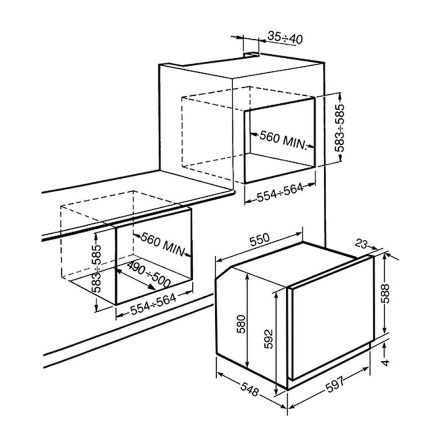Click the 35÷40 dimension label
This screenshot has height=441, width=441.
tap(285, 37)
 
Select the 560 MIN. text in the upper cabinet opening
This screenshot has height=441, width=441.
tap(282, 139)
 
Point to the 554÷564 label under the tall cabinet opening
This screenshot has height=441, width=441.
tap(280, 192)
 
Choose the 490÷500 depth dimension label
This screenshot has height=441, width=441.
tap(148, 274)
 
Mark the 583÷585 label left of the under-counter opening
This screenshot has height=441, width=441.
tap(96, 269)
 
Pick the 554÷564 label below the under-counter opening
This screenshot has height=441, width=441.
tap(153, 304)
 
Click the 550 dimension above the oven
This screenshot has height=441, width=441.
tap(259, 240)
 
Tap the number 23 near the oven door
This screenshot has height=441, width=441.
tap(362, 244)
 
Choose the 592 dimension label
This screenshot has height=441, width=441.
tap(269, 339)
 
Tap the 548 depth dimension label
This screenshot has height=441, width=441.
tap(250, 389)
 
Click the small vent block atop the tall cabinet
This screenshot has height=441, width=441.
tap(251, 55)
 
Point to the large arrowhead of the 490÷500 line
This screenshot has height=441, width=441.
tap(151, 287)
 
